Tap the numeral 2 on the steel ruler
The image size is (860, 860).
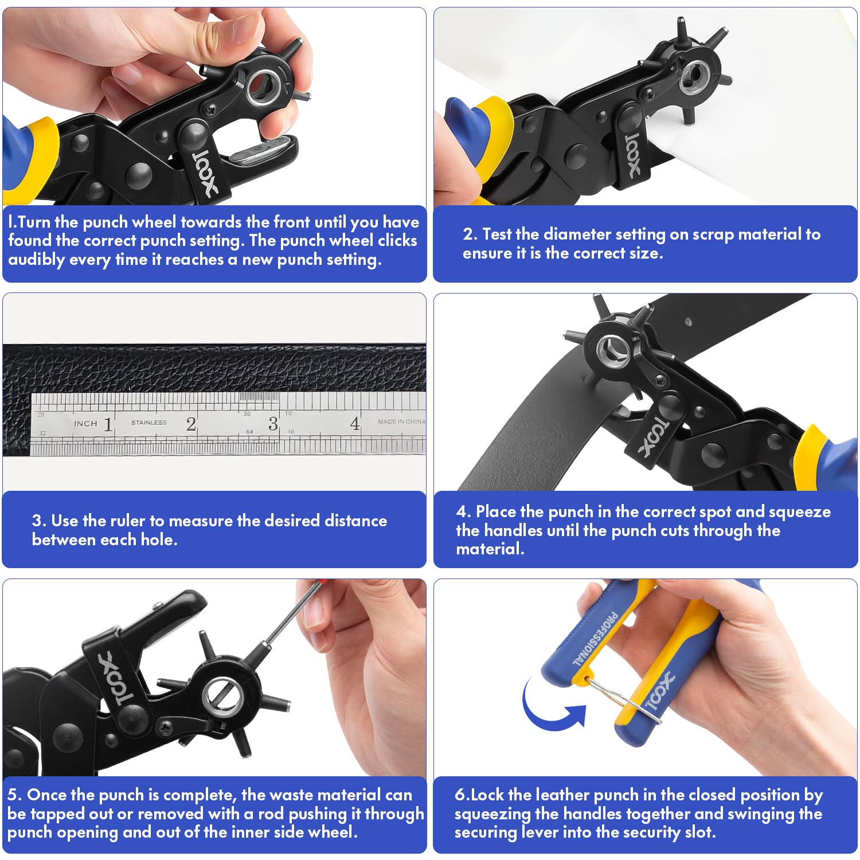[x=191, y=424]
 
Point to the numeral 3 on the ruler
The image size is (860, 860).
[x=273, y=424]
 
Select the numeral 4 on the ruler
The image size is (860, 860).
[x=355, y=424]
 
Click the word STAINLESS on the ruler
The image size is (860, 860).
[x=149, y=423]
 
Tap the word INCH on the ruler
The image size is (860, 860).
[x=85, y=424]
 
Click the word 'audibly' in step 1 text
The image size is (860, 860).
[x=36, y=260]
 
